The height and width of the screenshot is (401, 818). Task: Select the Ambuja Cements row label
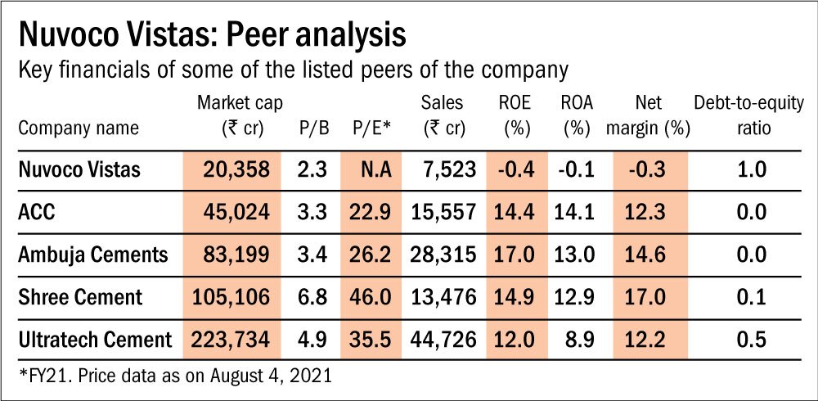pos(92,255)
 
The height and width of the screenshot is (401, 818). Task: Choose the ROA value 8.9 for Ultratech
pos(577,340)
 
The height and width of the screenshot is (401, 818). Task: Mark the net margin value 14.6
pos(649,255)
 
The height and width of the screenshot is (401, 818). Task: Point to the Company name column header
pos(79,128)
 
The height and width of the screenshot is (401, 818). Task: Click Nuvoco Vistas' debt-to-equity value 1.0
pos(750,169)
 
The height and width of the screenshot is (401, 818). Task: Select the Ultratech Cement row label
pos(95,340)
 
